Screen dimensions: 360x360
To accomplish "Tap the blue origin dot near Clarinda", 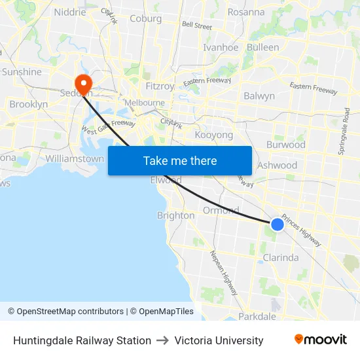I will tap(278, 225).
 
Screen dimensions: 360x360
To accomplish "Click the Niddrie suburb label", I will tap(70, 12).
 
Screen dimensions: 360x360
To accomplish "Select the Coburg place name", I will tap(145, 19).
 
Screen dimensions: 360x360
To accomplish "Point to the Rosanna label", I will tap(246, 12).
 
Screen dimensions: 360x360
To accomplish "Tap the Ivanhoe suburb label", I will tap(221, 47).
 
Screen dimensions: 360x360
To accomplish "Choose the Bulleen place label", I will tap(263, 47).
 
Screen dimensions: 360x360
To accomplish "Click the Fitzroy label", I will tap(160, 86).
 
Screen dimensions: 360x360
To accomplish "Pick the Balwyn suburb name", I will tap(259, 96).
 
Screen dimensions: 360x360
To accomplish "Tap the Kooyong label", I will tap(214, 135).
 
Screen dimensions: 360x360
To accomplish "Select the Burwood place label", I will tap(286, 145).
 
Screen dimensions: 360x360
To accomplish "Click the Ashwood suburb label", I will tap(277, 166).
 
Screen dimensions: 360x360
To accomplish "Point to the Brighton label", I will tap(175, 215).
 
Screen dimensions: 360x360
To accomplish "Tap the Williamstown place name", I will tap(75, 158).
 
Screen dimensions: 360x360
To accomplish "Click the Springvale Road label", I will tap(344, 132).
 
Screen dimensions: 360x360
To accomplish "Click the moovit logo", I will tap(320, 340).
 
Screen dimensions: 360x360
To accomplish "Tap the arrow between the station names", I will tap(163, 340).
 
